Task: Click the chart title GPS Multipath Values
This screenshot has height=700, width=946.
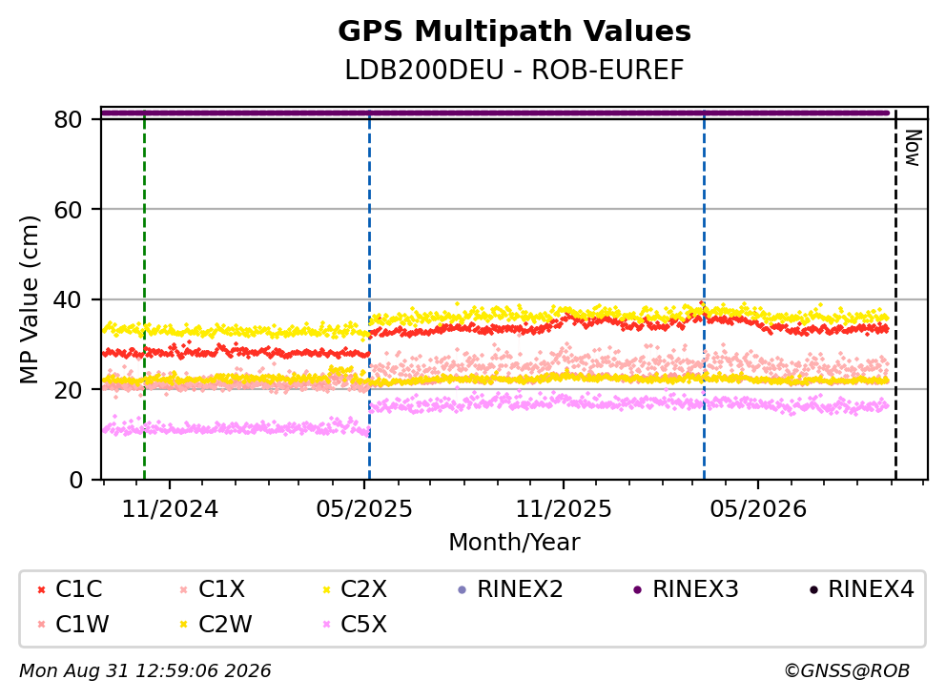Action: (x=514, y=31)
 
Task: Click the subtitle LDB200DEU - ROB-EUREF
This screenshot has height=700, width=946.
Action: (x=514, y=70)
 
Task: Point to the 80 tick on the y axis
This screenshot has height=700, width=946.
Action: (x=68, y=119)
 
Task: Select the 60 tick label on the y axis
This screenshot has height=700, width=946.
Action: (x=68, y=210)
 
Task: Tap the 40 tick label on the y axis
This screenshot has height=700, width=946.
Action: (x=68, y=299)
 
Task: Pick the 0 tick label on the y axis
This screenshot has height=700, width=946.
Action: (x=75, y=481)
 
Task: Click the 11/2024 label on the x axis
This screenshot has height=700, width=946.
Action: (x=170, y=509)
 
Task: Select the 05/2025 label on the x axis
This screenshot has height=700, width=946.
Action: (x=363, y=509)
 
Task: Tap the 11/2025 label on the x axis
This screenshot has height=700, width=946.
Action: (x=563, y=509)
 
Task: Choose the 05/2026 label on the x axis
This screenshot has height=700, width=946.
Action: (x=758, y=509)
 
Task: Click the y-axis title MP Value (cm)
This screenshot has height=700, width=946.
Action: (x=29, y=299)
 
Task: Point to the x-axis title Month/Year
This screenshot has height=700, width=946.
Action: (x=514, y=542)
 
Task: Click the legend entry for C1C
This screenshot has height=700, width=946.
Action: (x=69, y=589)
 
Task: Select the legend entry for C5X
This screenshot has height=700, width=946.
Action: (x=355, y=624)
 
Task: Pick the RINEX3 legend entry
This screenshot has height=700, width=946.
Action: (x=686, y=589)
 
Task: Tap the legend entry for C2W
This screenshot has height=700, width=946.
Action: (x=216, y=624)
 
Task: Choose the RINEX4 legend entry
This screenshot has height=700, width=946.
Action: (x=861, y=589)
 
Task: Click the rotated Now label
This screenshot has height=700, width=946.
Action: (x=914, y=148)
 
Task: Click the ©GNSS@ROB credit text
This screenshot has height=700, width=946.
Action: (x=847, y=670)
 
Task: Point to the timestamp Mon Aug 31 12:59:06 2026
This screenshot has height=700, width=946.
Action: (x=145, y=670)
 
